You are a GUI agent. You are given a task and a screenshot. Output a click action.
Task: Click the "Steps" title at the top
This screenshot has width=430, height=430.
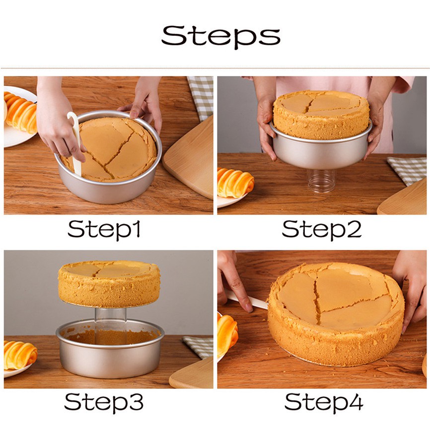coord(221,36)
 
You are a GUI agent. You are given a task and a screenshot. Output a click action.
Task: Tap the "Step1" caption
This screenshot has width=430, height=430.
coord(104,230)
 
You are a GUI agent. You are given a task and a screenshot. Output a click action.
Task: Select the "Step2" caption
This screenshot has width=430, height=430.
coord(322,230)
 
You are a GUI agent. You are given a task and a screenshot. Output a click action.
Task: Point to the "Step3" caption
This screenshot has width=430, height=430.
coord(104,402)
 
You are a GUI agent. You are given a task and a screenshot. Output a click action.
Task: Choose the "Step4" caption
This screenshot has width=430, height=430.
coord(324,402)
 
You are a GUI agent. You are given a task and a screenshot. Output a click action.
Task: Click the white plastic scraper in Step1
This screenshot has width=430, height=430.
coord(75,143)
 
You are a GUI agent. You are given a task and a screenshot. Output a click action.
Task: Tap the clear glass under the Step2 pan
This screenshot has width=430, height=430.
coord(321,181)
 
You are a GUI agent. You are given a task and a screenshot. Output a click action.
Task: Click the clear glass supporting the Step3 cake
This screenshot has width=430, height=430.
coord(110,318)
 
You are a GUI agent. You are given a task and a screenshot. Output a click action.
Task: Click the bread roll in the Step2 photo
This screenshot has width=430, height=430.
coord(235,182)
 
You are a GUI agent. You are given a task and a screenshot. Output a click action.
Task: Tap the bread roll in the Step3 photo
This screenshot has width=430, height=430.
coord(20,355)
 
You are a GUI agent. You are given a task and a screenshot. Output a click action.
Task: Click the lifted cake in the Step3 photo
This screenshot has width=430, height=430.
coord(109,284)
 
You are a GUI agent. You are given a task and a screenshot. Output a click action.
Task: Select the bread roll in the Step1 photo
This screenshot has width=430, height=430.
coord(21,112)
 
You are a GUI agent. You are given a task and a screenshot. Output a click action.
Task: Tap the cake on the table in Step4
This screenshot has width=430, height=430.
coord(336,314)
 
